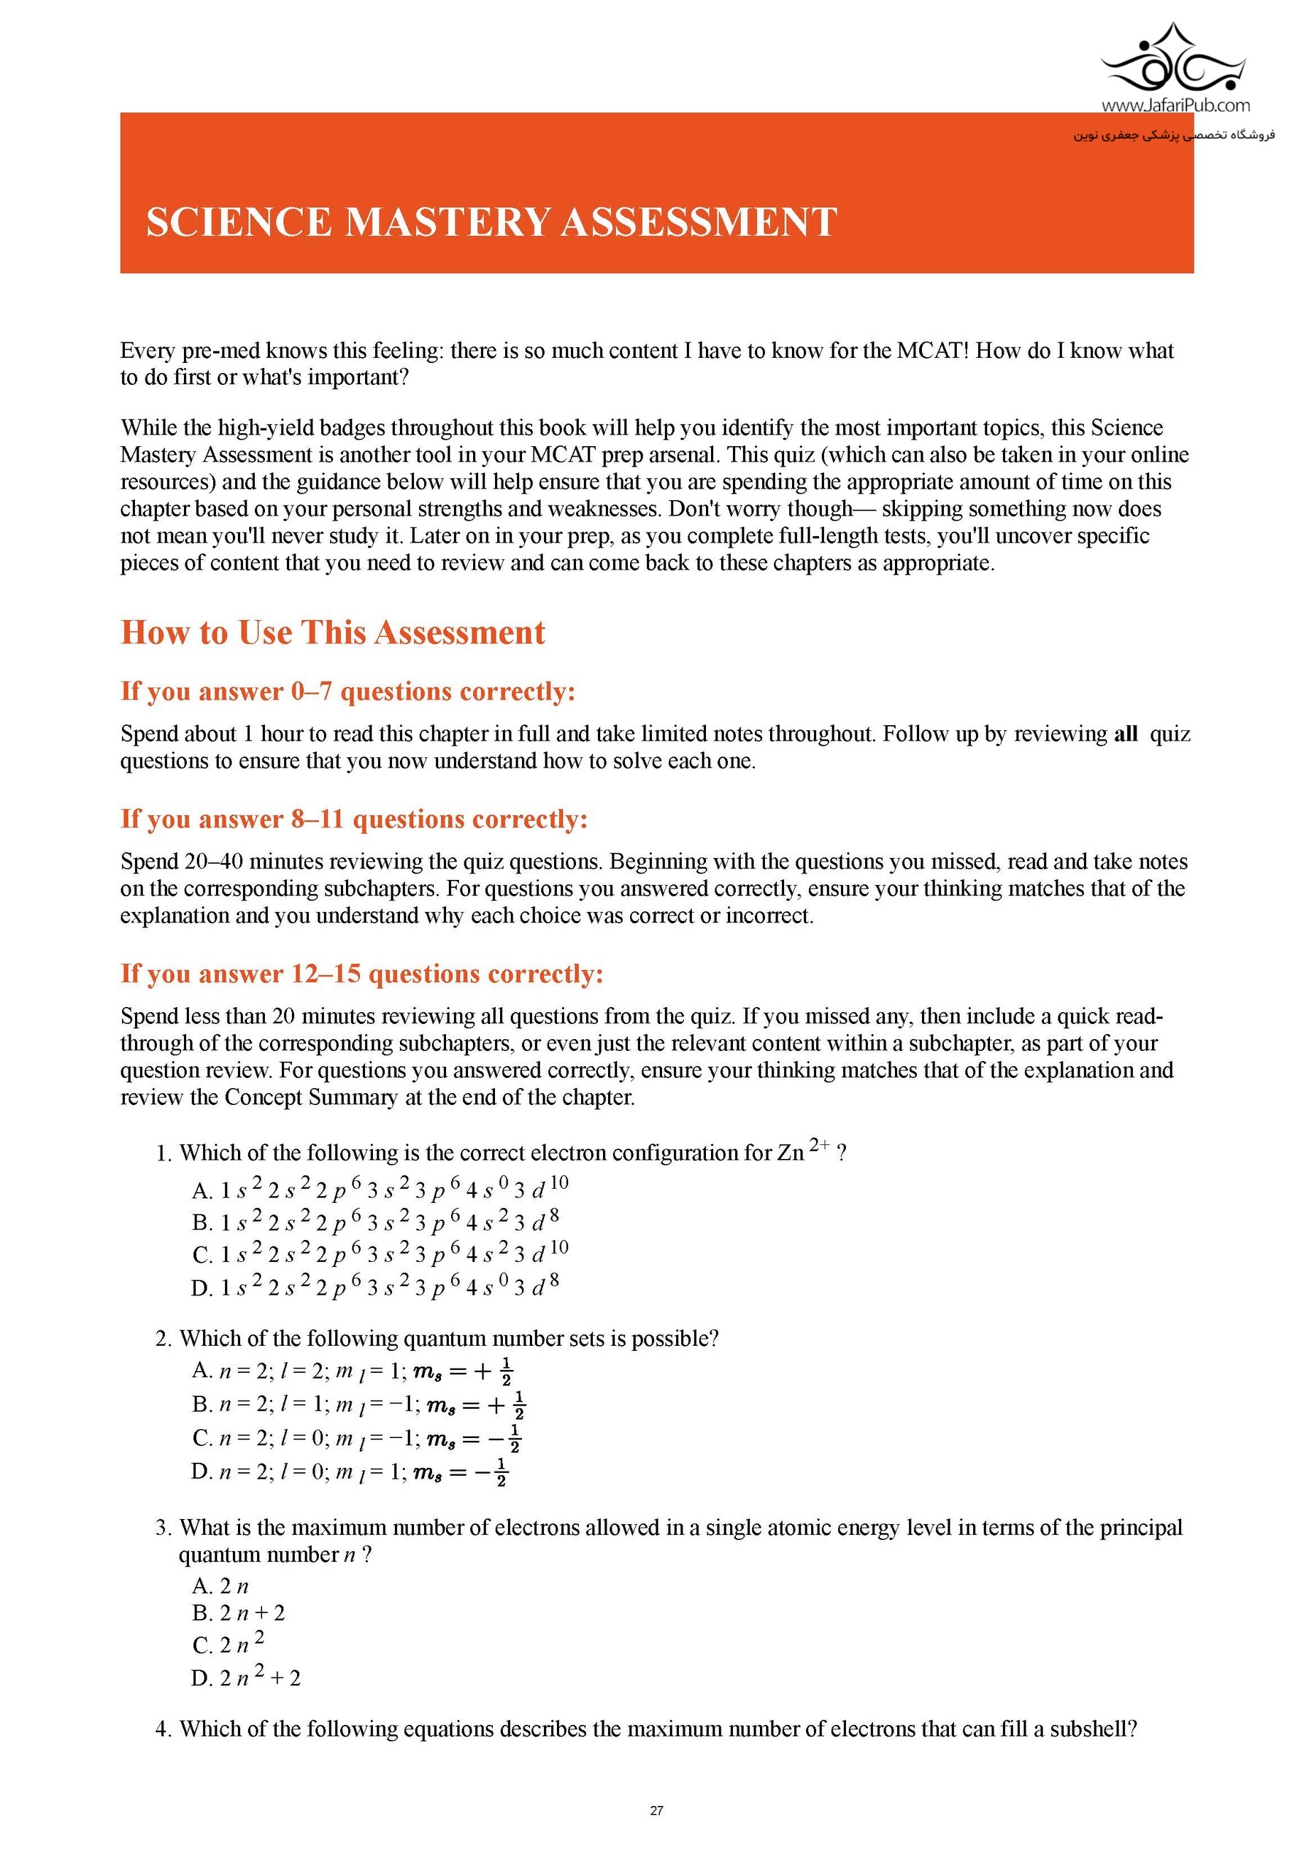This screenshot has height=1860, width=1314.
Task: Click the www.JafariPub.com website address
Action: (x=1175, y=105)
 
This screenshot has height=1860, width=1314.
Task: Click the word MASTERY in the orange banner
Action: (x=447, y=223)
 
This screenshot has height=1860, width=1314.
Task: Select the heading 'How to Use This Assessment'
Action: (x=333, y=632)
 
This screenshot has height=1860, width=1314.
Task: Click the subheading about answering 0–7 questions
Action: (x=347, y=691)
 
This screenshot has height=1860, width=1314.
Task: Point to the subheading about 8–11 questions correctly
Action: (x=354, y=819)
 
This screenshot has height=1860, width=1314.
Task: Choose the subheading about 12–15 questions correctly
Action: (x=362, y=973)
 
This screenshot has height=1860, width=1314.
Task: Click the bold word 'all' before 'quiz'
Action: (x=1126, y=734)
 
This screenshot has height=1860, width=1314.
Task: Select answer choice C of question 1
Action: (x=380, y=1254)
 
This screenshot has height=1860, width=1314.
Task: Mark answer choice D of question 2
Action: (x=350, y=1471)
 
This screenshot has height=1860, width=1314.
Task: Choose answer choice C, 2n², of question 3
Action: (x=228, y=1645)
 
